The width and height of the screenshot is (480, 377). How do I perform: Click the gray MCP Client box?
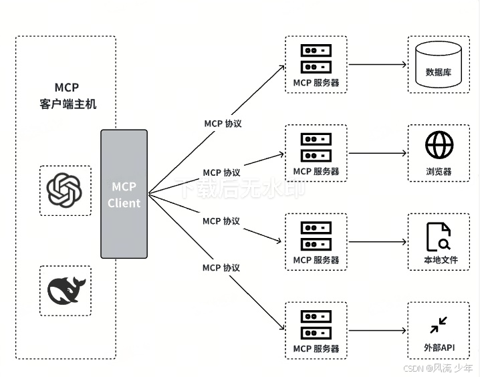(124, 194)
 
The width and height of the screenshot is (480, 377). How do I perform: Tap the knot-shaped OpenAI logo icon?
(65, 190)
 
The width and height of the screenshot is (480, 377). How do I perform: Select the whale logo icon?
(65, 291)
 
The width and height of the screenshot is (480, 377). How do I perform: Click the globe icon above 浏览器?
(439, 145)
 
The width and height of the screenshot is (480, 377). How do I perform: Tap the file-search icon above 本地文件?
(439, 237)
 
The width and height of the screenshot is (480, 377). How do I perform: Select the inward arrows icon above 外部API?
(439, 325)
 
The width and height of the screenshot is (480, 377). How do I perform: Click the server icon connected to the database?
(316, 58)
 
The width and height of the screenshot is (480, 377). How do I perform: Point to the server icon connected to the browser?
(316, 147)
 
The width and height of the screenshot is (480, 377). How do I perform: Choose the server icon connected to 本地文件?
(316, 235)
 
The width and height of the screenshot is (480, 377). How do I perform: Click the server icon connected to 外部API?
(316, 324)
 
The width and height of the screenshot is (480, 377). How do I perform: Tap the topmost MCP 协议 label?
(222, 124)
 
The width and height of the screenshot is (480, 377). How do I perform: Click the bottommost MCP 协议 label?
(221, 267)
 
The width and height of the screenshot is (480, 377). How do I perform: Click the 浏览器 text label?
(439, 172)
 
